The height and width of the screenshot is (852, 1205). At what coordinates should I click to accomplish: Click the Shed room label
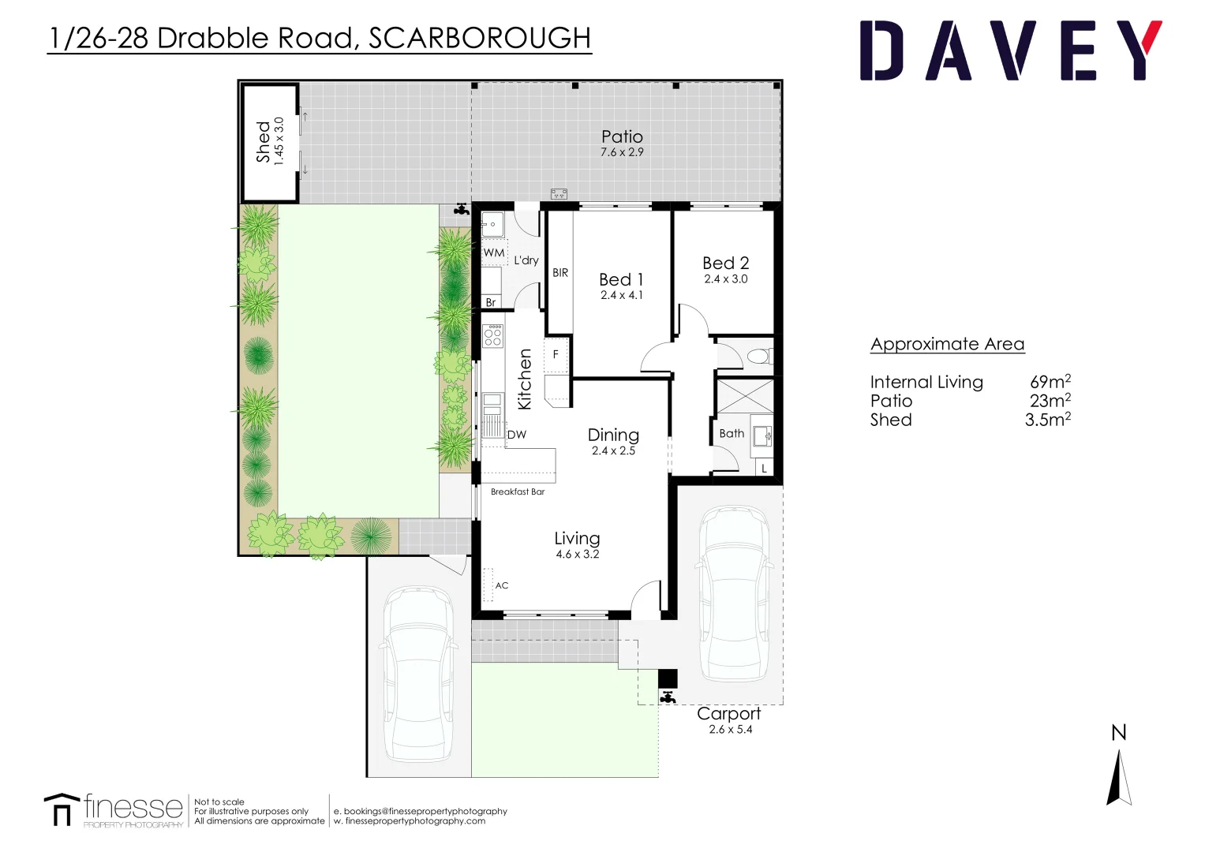click(263, 142)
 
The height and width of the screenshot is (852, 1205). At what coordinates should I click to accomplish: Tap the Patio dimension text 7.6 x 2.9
click(622, 152)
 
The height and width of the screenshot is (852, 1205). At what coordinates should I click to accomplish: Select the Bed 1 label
click(621, 279)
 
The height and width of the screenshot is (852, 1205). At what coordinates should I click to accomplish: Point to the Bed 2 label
click(725, 263)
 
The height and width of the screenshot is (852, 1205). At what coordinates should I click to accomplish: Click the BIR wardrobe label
click(560, 273)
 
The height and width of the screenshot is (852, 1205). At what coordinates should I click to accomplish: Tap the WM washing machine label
click(494, 252)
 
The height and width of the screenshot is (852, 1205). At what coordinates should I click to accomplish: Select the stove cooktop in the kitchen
click(493, 336)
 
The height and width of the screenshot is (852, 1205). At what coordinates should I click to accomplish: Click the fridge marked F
click(556, 354)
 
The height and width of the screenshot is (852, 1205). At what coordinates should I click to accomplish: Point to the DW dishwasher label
click(517, 435)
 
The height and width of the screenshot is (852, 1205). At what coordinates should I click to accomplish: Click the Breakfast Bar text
click(518, 491)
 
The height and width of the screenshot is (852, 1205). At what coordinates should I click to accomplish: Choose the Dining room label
click(613, 435)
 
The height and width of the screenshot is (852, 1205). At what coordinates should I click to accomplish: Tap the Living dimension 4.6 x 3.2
click(577, 555)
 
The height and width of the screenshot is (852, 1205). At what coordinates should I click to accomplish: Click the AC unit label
click(502, 585)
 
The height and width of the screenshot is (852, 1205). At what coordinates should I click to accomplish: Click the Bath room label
click(732, 433)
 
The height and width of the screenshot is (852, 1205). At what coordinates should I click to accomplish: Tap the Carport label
click(728, 713)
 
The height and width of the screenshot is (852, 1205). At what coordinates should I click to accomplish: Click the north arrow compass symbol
click(1119, 777)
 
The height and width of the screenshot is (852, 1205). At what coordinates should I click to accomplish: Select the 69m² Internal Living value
click(1050, 382)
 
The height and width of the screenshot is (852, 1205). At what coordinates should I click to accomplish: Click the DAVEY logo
click(1010, 51)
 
